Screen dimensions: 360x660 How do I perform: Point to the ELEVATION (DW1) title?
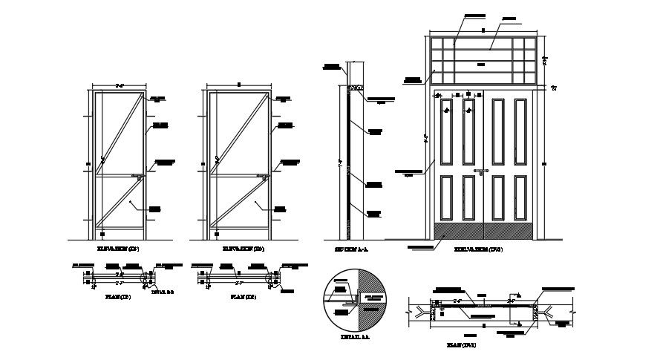click(479, 250)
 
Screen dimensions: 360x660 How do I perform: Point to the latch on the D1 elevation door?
click(140, 177)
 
